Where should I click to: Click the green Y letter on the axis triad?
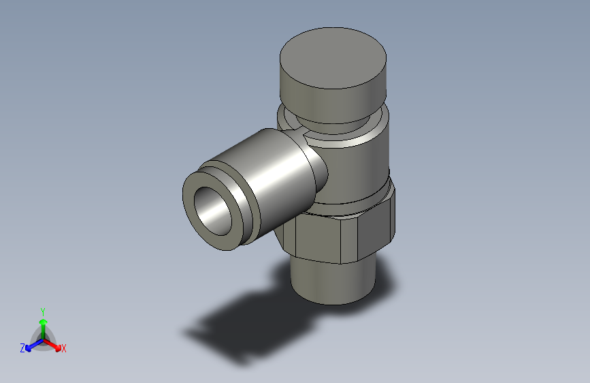(x=43, y=311)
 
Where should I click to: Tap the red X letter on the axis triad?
(x=64, y=349)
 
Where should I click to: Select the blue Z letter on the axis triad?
(x=22, y=348)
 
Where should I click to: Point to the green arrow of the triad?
(x=43, y=324)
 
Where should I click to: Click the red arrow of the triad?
(x=54, y=344)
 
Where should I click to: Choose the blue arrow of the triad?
(x=32, y=344)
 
